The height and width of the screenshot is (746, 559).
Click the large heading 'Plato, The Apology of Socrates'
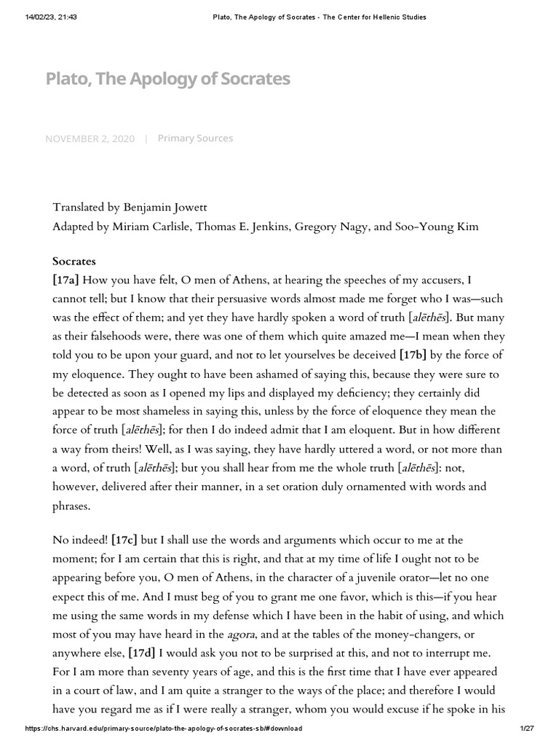[168, 79]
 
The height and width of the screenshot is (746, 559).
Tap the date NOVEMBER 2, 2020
[90, 138]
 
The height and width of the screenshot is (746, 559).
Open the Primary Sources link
[195, 138]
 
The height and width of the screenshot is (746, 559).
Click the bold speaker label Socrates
[74, 261]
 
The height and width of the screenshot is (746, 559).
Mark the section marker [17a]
[66, 280]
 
